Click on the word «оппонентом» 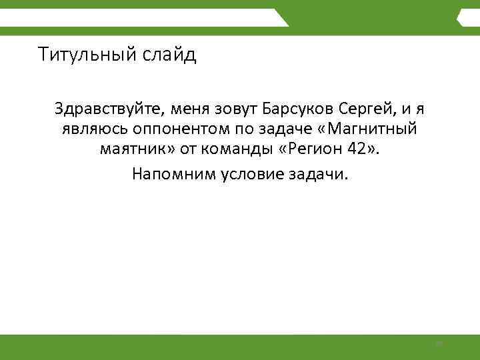[173, 129]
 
